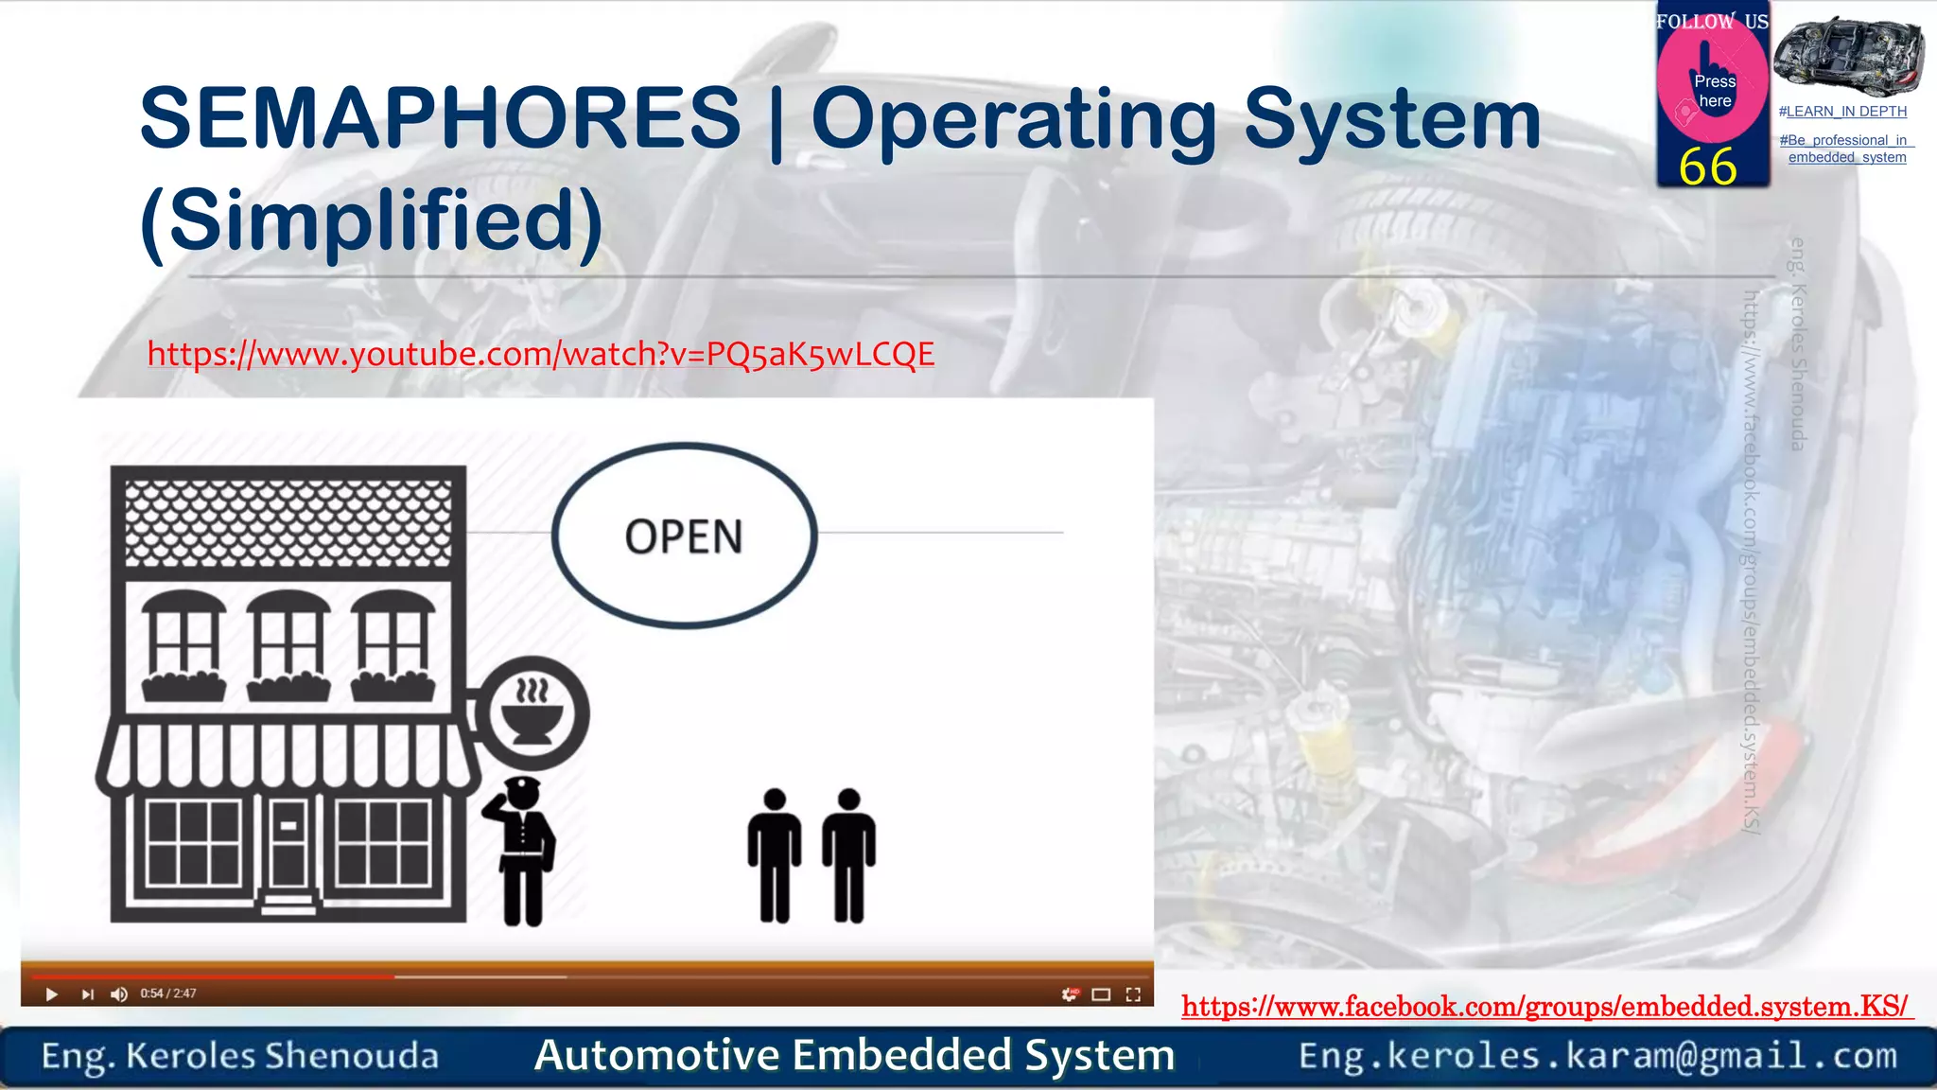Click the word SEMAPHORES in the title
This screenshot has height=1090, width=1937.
point(440,118)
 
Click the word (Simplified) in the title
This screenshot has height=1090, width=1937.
point(371,220)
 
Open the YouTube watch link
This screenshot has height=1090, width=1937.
point(540,354)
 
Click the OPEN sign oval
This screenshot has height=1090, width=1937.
point(684,536)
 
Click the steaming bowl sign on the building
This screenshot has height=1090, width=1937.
point(532,713)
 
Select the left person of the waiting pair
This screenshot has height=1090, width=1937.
point(774,854)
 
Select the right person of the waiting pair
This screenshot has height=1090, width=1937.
point(848,854)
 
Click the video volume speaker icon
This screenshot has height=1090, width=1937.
point(119,994)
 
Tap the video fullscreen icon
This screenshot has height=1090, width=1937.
point(1133,994)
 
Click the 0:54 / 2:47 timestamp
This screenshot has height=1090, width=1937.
point(168,993)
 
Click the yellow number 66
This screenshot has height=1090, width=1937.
point(1708,167)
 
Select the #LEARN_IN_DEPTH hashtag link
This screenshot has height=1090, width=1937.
point(1842,112)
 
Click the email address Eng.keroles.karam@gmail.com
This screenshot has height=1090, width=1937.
point(1597,1056)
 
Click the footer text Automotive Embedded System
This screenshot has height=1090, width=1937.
point(854,1056)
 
